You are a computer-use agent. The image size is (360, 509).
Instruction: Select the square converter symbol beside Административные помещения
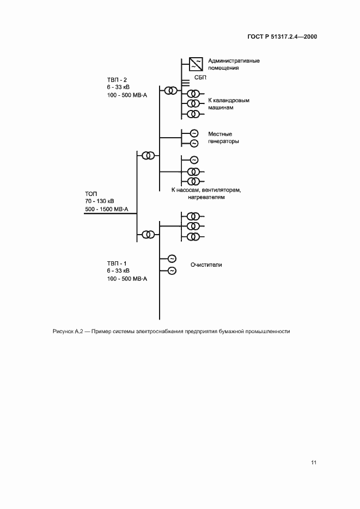pos(196,64)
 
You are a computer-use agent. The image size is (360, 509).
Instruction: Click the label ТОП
pos(91,194)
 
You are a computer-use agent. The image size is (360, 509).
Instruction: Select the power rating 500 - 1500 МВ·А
pos(106,210)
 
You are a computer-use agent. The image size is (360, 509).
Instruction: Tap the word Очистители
pos(206,265)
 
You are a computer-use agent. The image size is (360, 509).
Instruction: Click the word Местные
pos(220,133)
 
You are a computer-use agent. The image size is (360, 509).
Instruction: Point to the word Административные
pos(234,60)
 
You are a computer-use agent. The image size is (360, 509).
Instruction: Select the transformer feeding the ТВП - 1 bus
pos(148,235)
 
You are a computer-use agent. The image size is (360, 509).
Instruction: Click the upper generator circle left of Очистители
pos(172,259)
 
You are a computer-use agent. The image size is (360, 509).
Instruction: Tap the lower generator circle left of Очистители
pos(172,271)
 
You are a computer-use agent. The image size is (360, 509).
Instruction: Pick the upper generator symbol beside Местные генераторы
pos(193,133)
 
